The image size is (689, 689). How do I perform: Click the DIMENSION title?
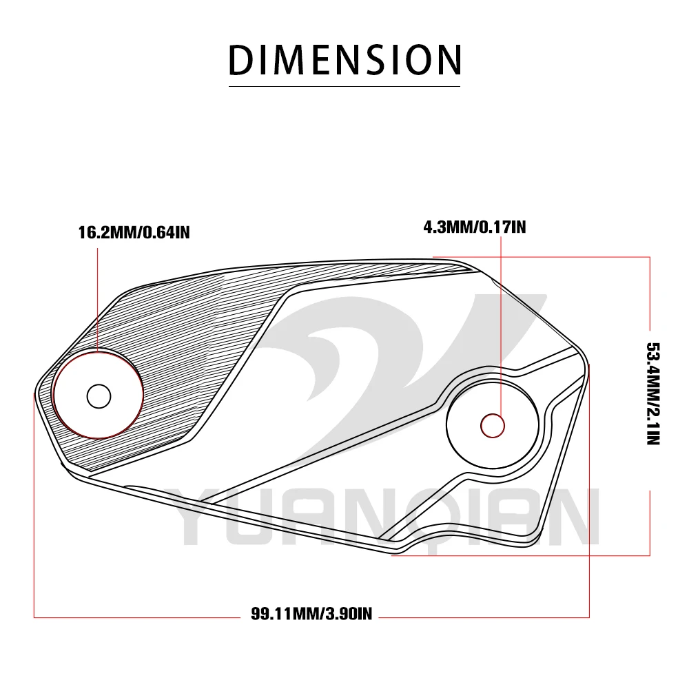[x=345, y=60]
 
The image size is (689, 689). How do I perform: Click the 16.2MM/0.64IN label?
[x=134, y=232]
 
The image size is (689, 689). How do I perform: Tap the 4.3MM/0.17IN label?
[x=475, y=227]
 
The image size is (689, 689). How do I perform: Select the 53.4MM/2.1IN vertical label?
[x=653, y=393]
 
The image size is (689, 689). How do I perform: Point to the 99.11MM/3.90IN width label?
[x=311, y=613]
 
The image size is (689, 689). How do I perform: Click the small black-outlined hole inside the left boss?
[x=99, y=396]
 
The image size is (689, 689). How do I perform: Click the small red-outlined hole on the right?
[x=493, y=425]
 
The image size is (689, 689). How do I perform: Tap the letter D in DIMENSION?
[x=242, y=60]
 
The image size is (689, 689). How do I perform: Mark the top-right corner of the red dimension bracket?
[x=650, y=256]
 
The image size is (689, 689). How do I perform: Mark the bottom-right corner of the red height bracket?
[x=650, y=555]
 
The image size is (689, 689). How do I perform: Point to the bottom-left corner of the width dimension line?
[x=34, y=617]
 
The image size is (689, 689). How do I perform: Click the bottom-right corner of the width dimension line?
[x=589, y=617]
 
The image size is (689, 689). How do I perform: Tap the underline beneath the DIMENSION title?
[x=344, y=86]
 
